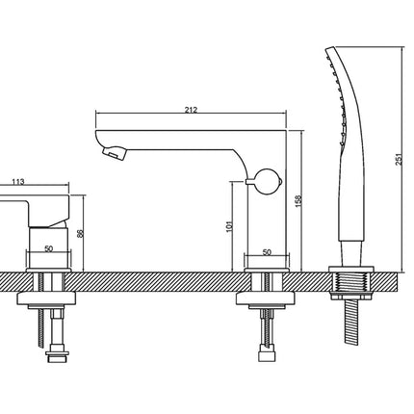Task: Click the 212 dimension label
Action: point(191,110)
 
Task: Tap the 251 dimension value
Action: point(399,160)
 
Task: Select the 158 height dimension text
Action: point(298,200)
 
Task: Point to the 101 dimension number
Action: point(229,226)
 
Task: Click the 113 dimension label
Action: point(18,182)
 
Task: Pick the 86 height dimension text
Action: point(81,233)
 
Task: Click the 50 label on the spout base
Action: point(267,252)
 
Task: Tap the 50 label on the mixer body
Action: point(49,248)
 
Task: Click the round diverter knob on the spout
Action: point(268,181)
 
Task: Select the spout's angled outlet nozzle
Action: point(115,152)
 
